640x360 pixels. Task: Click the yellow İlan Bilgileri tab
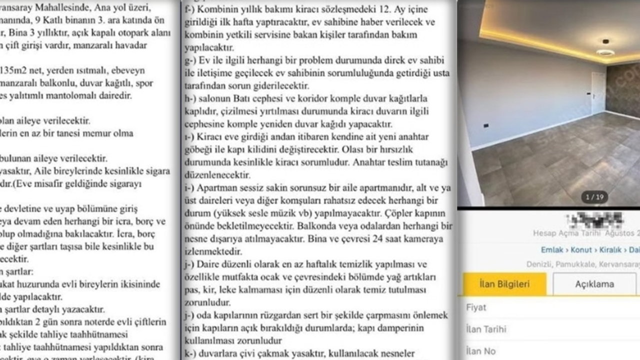(x=504, y=284)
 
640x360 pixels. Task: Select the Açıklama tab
(x=594, y=284)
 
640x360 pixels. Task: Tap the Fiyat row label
(x=475, y=307)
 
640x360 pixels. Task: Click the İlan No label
(x=480, y=351)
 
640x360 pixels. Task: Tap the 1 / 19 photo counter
(x=594, y=197)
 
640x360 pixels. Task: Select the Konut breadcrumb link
(x=581, y=250)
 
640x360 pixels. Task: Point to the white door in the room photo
(x=598, y=93)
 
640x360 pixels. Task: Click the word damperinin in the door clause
(x=401, y=328)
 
